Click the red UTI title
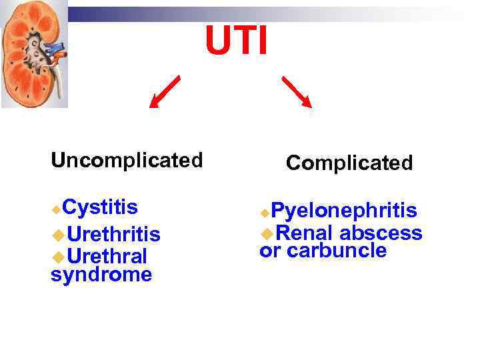tap(237, 41)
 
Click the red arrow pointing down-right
tap(297, 91)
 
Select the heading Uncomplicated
tap(127, 161)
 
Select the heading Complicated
tap(349, 163)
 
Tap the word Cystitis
tap(101, 207)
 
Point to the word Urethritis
tap(113, 235)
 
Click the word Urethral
tap(107, 256)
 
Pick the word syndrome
tap(101, 274)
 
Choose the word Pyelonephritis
tap(344, 211)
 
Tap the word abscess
tap(381, 233)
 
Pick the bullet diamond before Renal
tap(267, 233)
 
